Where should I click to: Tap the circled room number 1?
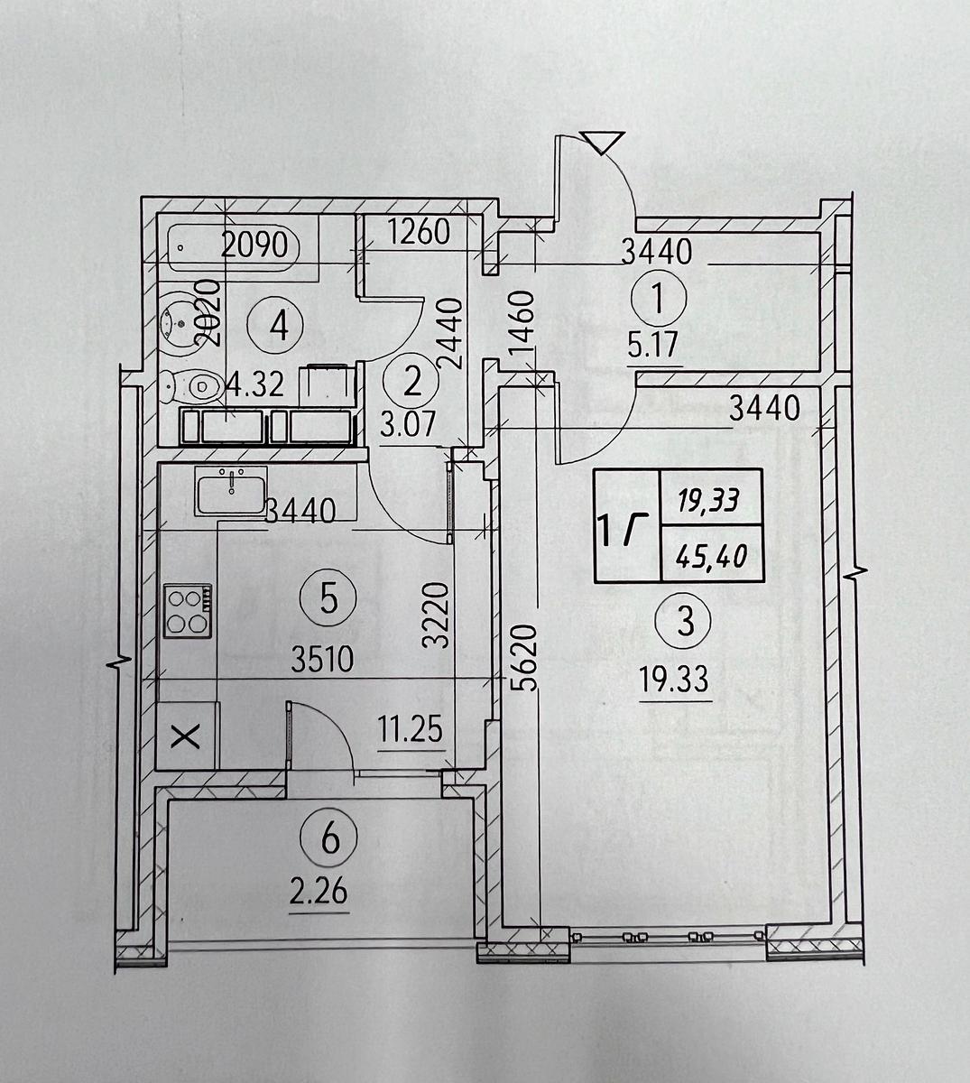(658, 299)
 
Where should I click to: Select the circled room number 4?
(276, 326)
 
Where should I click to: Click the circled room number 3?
(686, 621)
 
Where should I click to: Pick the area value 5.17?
(652, 344)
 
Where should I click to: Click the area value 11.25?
(411, 729)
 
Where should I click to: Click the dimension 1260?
(419, 231)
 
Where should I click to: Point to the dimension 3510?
(322, 660)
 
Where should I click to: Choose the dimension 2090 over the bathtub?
(255, 245)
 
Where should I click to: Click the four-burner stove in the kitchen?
(188, 610)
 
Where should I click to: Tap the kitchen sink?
(231, 490)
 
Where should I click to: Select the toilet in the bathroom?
(192, 386)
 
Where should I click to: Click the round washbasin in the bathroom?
(179, 323)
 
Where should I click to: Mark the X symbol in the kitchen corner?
(187, 739)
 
